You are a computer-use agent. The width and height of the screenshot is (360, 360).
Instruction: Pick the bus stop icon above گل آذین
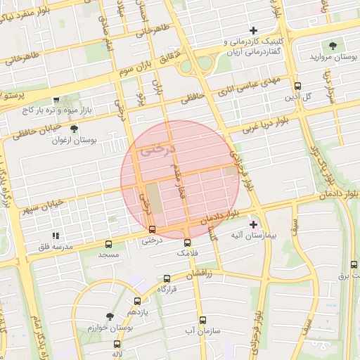click(x=297, y=82)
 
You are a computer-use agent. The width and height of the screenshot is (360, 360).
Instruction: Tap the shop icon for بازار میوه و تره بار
click(x=56, y=100)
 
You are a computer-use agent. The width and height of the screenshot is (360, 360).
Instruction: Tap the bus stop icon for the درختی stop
click(x=153, y=229)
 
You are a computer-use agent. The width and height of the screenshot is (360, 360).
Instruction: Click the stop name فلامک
click(x=186, y=252)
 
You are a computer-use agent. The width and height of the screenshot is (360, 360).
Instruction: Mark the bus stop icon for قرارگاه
click(x=167, y=279)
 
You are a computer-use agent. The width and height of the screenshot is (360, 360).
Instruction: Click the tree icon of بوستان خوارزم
click(x=109, y=317)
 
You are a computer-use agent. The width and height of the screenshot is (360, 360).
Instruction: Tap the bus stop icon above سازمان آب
click(x=202, y=320)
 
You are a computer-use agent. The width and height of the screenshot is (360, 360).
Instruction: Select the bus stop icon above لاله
click(x=117, y=345)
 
